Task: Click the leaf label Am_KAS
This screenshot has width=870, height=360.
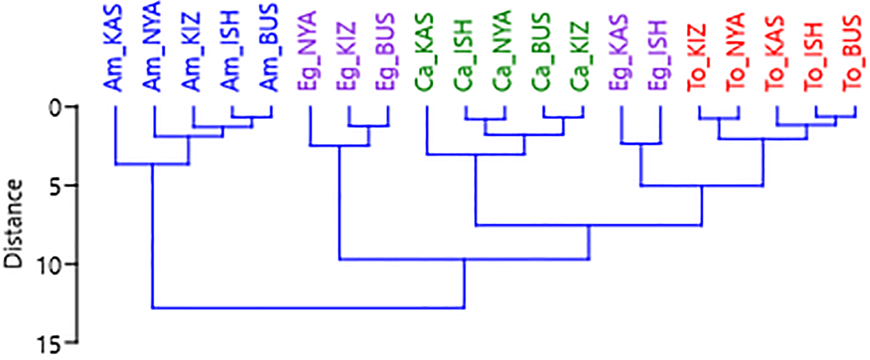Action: tap(114, 49)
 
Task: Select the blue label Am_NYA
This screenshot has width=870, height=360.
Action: tap(153, 46)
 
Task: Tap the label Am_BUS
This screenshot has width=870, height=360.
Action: tap(270, 48)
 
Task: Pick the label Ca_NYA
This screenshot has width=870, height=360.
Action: tap(503, 51)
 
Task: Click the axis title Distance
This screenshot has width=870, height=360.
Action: tap(13, 224)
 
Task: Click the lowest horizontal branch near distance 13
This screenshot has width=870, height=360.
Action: tap(309, 308)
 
